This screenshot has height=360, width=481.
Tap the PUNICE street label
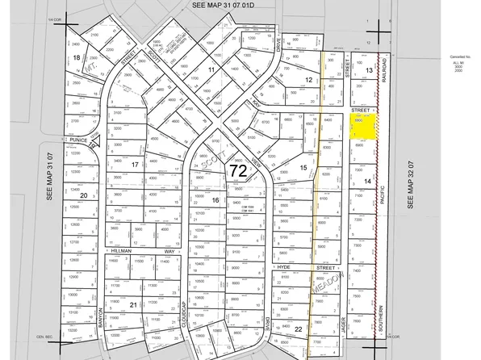click(77, 140)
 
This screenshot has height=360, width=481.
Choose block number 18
click(77, 57)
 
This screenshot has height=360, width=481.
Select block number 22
click(299, 329)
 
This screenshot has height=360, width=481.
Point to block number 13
click(367, 71)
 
